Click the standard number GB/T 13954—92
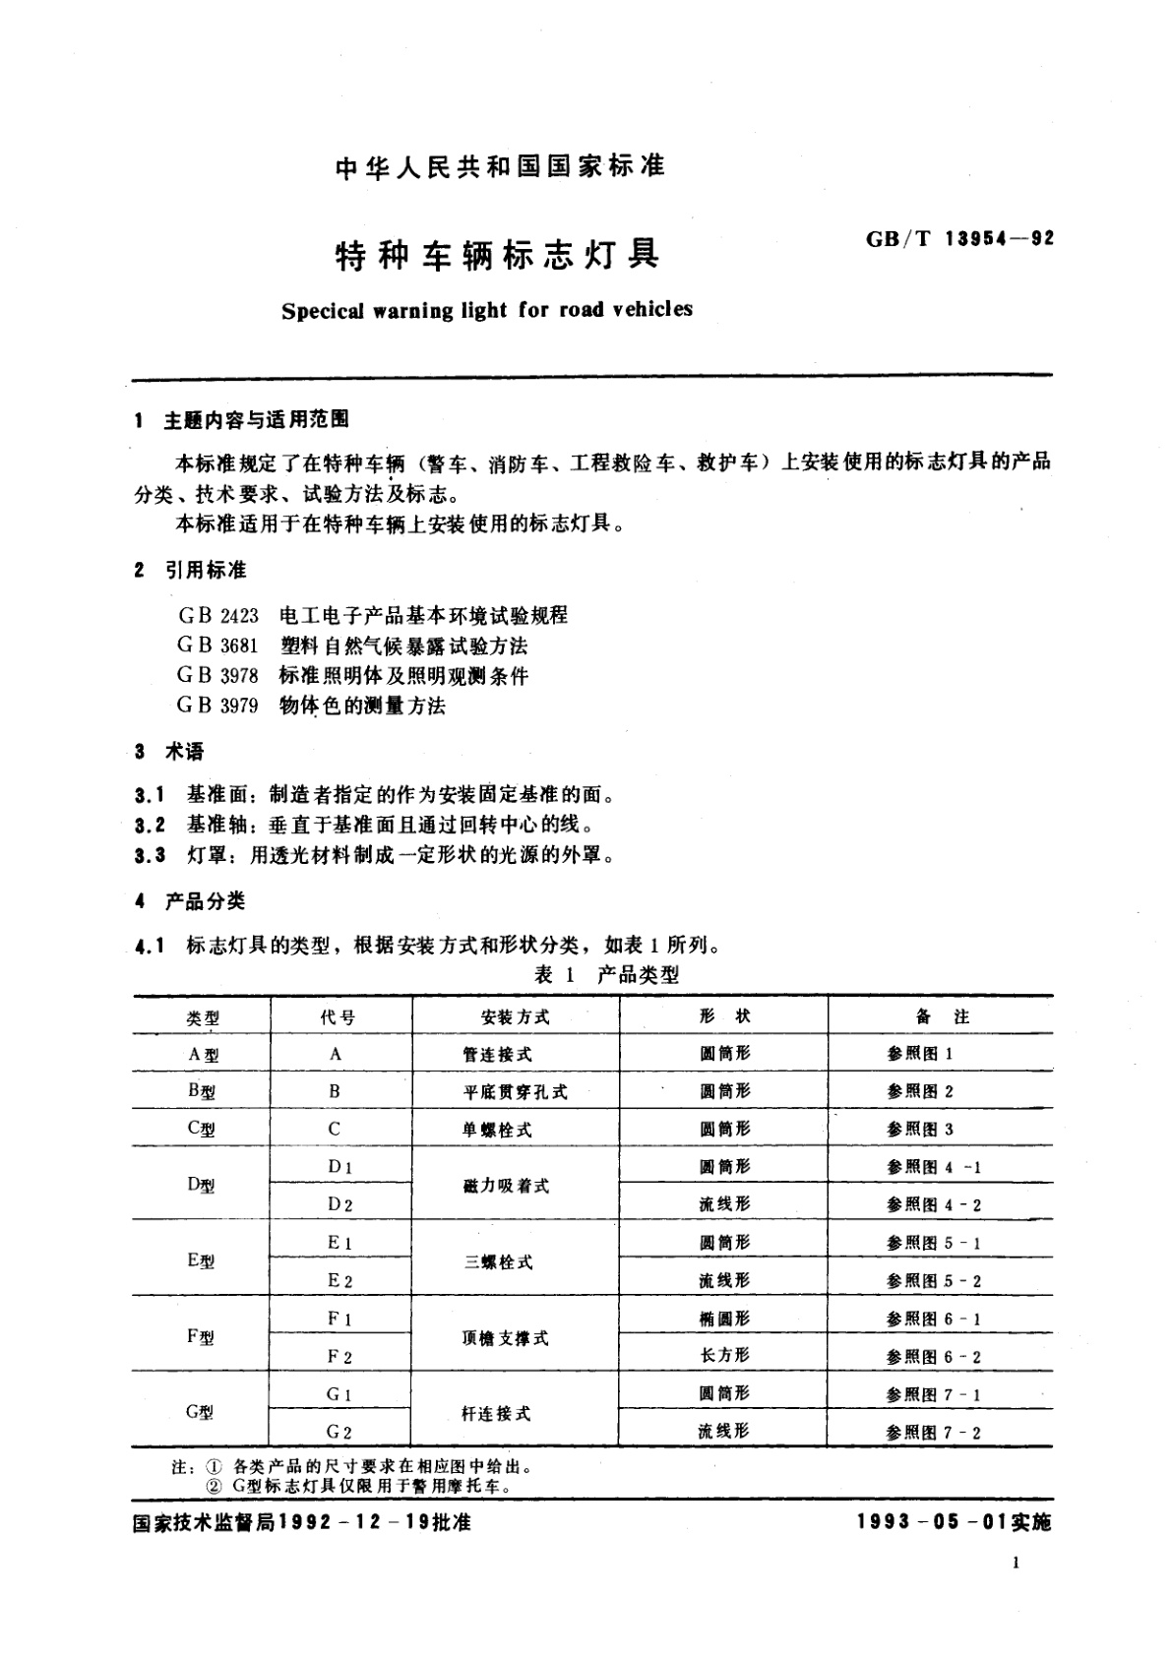959,239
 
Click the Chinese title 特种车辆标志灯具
498,255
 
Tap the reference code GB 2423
217,616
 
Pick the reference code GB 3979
217,706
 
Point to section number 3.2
151,824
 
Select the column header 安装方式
515,1016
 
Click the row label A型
203,1054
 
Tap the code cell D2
339,1204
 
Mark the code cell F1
339,1319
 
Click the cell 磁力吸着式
506,1186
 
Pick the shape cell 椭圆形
724,1319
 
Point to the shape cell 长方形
724,1356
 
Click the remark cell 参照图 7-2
933,1433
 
